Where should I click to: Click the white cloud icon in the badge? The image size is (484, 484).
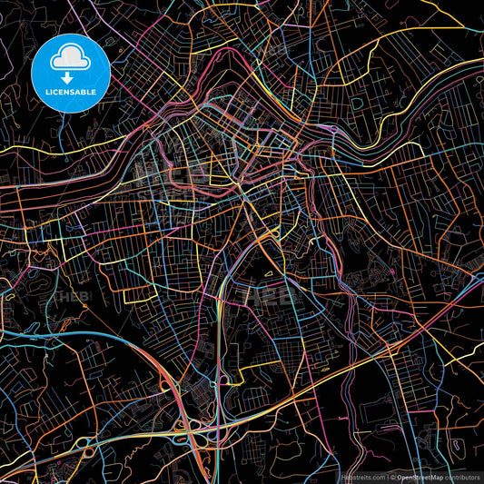(x=69, y=58)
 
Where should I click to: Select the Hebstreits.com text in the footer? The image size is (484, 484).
(x=362, y=476)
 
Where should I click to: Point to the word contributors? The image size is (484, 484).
(x=460, y=476)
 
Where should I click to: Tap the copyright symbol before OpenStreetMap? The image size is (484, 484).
(x=392, y=476)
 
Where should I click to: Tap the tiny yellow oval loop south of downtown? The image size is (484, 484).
(x=270, y=272)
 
